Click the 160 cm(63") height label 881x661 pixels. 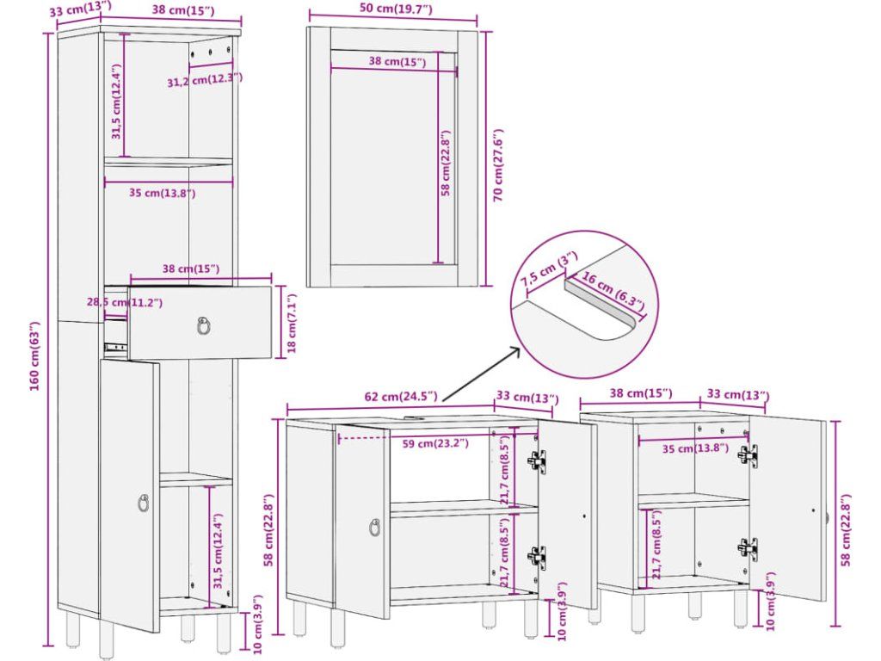click(x=34, y=355)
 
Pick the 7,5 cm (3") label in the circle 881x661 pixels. click(x=548, y=272)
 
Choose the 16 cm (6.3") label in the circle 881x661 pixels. click(x=613, y=289)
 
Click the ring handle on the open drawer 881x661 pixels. click(x=204, y=325)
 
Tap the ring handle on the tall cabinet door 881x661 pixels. click(x=143, y=503)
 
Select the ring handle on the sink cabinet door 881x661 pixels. click(x=375, y=528)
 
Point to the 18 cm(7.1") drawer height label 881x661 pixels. click(x=291, y=324)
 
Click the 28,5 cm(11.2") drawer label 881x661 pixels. click(x=124, y=302)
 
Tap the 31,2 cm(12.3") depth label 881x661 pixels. click(x=205, y=80)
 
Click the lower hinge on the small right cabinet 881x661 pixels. click(x=747, y=548)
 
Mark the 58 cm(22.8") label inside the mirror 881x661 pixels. click(x=446, y=164)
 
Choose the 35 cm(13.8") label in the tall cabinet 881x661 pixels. click(x=163, y=194)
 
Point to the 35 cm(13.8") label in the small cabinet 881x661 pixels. click(x=695, y=448)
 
